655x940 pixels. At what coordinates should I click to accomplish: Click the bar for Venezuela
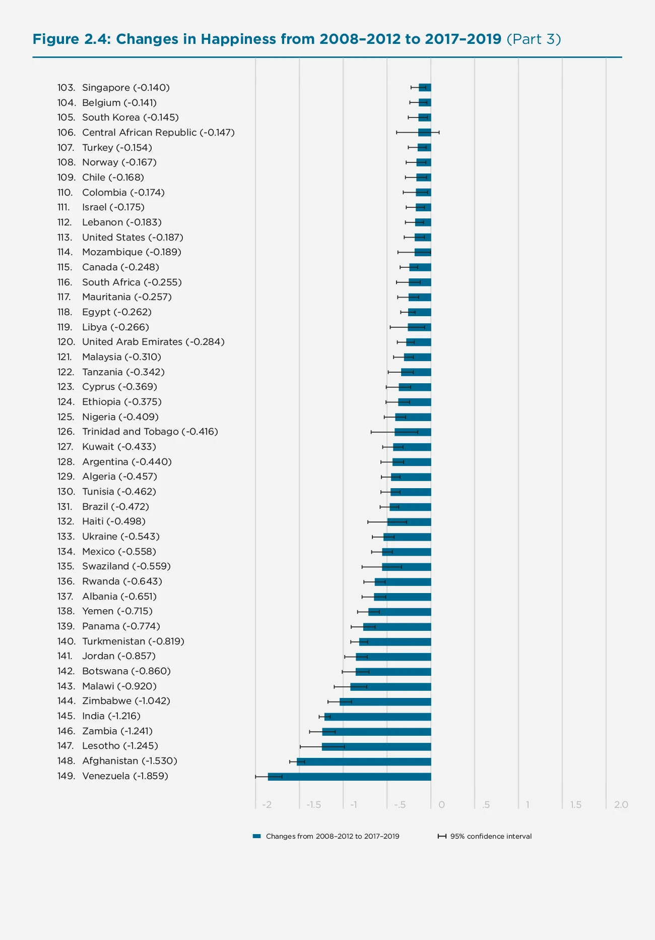click(x=349, y=777)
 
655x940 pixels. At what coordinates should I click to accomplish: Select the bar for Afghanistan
click(x=364, y=761)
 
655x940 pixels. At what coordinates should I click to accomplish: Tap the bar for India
click(x=377, y=717)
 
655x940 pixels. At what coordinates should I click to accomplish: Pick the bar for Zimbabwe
click(x=385, y=701)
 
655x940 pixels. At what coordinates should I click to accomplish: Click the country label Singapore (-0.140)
click(x=125, y=88)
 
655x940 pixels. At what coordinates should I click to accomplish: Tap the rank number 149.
click(x=66, y=776)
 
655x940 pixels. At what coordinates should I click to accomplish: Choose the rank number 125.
click(x=65, y=417)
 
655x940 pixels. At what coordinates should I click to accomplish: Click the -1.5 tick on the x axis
click(x=313, y=805)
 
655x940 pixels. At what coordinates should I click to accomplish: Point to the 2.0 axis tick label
click(x=621, y=805)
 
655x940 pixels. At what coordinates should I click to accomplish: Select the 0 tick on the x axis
click(x=441, y=805)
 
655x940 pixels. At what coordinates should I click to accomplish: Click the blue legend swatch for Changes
click(x=257, y=836)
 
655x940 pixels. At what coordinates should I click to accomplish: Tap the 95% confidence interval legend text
click(x=491, y=836)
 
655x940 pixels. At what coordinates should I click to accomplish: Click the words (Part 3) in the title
click(x=533, y=39)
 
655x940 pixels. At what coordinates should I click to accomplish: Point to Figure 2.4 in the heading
click(x=71, y=39)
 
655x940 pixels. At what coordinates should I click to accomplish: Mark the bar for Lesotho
click(x=376, y=746)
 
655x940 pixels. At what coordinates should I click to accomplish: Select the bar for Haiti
click(x=409, y=522)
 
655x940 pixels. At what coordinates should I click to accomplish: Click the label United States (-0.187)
click(x=133, y=238)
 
